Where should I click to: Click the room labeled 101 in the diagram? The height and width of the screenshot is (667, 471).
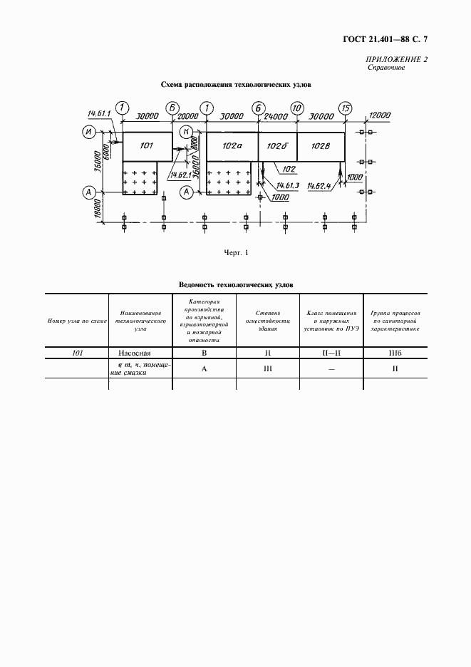pyautogui.click(x=146, y=146)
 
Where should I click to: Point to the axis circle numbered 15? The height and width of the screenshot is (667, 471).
pyautogui.click(x=346, y=108)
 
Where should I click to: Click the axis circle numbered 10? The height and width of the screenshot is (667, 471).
pyautogui.click(x=297, y=108)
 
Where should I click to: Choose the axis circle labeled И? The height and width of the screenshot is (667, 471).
pyautogui.click(x=90, y=132)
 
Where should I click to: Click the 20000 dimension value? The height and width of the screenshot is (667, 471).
pyautogui.click(x=189, y=115)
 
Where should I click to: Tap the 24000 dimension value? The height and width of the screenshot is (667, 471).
pyautogui.click(x=275, y=115)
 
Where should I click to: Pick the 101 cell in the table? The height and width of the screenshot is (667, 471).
pyautogui.click(x=76, y=352)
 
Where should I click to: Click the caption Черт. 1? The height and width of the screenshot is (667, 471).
pyautogui.click(x=236, y=252)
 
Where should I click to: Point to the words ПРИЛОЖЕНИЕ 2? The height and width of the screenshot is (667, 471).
pyautogui.click(x=397, y=59)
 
